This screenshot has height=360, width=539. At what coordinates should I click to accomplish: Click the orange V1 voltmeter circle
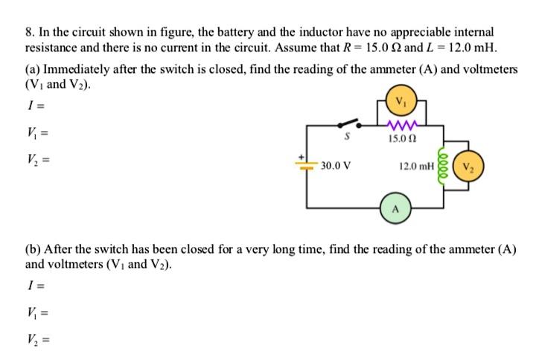click(x=403, y=100)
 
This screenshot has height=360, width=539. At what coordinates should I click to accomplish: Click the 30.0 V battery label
click(x=336, y=167)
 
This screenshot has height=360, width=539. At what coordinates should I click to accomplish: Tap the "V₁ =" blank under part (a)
click(x=35, y=134)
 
